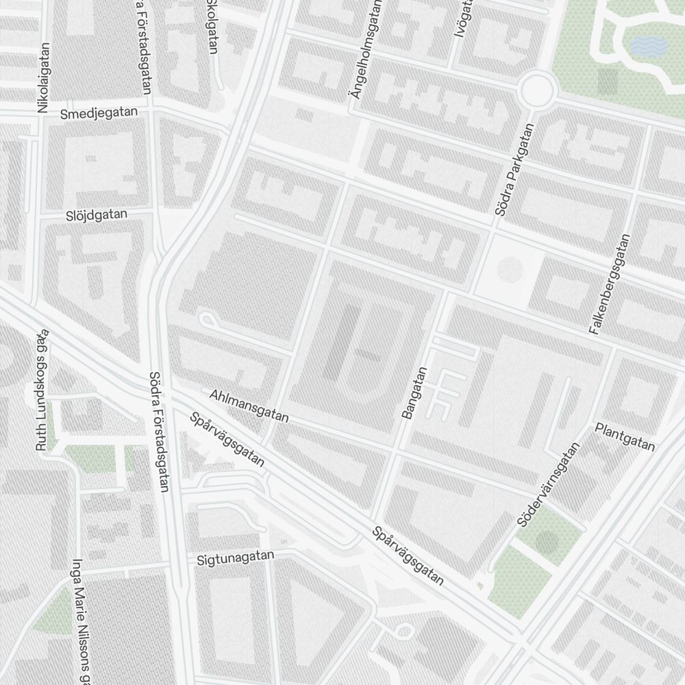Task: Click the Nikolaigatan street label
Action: click(44, 78)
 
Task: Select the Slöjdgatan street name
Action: click(97, 214)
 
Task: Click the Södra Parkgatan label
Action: click(514, 171)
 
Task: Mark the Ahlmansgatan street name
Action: click(249, 406)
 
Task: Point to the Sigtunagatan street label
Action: click(235, 558)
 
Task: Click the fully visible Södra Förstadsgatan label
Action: click(158, 432)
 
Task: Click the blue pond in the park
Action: click(647, 47)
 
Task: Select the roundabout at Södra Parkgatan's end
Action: click(536, 88)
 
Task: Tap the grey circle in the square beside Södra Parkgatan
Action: click(509, 269)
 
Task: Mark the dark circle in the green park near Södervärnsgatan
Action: click(547, 544)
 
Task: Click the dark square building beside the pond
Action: click(608, 82)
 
